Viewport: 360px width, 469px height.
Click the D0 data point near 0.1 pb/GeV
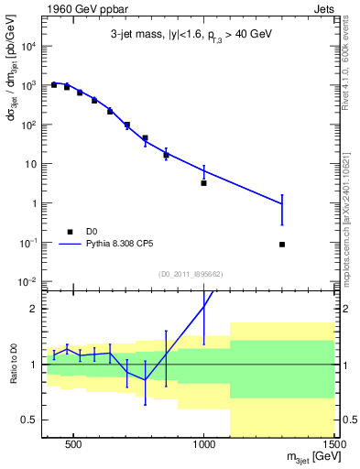tap(282, 245)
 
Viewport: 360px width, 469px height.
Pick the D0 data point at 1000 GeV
tap(203, 183)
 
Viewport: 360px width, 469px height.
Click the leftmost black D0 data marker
tap(54, 84)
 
